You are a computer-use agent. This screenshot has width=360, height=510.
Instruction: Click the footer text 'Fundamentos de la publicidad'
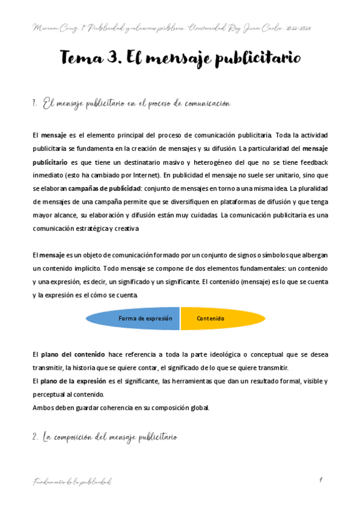[72, 482]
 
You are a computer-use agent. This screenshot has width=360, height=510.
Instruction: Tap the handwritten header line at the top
[180, 27]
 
